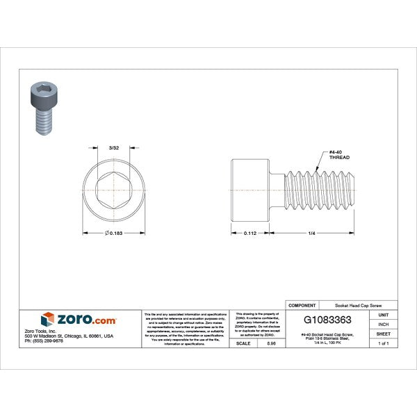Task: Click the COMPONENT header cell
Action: [302, 305]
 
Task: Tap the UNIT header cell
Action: [384, 315]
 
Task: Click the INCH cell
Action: [384, 324]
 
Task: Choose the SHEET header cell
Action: [384, 334]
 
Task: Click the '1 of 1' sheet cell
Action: [384, 343]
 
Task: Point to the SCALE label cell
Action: [244, 343]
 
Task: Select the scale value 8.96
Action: [271, 343]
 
